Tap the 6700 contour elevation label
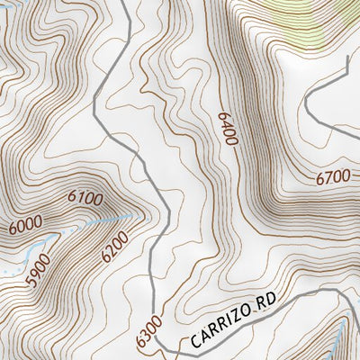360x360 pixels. [x=332, y=178]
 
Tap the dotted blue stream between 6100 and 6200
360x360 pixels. [x=117, y=219]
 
